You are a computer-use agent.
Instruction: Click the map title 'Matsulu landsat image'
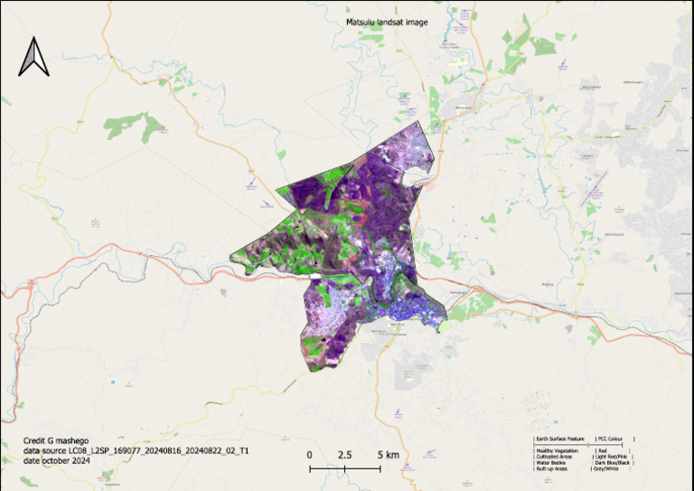click(387, 23)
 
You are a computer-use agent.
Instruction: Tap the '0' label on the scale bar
click(309, 455)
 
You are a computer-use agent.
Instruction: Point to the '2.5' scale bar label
click(344, 455)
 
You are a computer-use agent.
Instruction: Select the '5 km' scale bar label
click(386, 455)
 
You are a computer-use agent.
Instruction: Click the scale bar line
click(344, 468)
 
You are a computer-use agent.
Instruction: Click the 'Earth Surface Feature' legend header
click(561, 439)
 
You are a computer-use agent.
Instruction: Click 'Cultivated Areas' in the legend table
click(555, 457)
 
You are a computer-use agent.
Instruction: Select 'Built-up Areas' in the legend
click(553, 469)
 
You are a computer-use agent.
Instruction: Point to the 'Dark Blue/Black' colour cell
click(612, 463)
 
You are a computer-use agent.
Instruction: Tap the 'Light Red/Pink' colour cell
click(612, 457)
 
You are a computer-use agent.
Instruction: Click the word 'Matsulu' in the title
click(361, 23)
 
